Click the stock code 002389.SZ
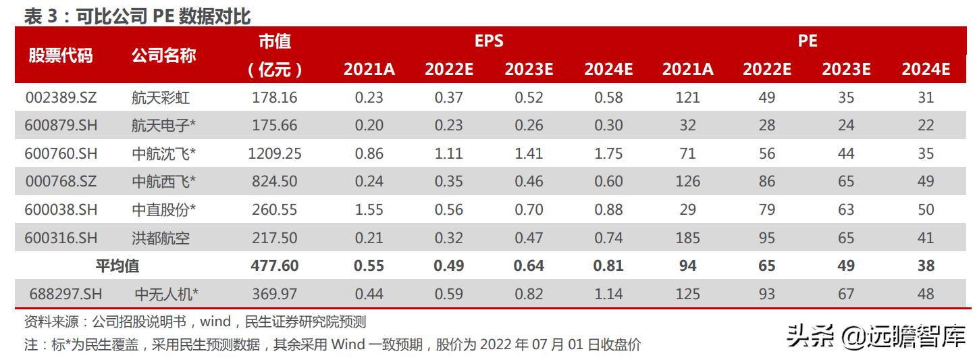[x=61, y=97]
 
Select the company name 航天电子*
[x=163, y=126]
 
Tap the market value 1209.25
[x=274, y=154]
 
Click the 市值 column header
[x=274, y=41]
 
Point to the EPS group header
[x=489, y=41]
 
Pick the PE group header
[x=808, y=41]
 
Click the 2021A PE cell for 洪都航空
[x=687, y=238]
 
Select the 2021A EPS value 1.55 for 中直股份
[x=369, y=209]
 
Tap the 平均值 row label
[x=117, y=266]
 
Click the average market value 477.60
[x=274, y=266]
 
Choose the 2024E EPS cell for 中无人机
[x=608, y=294]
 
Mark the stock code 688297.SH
[x=65, y=294]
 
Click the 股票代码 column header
[x=60, y=55]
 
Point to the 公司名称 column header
[x=163, y=55]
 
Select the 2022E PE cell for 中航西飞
[x=766, y=181]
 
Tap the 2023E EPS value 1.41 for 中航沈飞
[x=529, y=154]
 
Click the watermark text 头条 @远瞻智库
[x=876, y=336]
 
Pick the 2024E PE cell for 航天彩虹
[x=926, y=97]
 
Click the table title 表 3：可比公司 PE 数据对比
[x=137, y=16]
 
